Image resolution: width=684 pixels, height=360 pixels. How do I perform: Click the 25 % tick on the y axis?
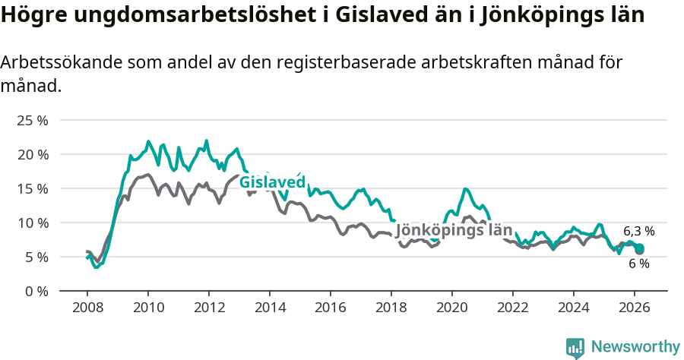[33, 120]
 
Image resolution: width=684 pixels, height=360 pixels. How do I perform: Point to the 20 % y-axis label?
[33, 154]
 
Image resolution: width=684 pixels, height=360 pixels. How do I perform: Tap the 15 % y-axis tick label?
[33, 188]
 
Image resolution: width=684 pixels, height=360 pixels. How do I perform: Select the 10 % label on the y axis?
[33, 223]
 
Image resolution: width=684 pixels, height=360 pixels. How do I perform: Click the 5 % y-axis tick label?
[36, 257]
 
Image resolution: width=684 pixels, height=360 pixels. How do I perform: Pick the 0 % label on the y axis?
[36, 291]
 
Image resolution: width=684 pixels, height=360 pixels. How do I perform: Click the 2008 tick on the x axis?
[87, 308]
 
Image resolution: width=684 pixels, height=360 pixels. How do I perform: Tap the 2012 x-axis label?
[209, 308]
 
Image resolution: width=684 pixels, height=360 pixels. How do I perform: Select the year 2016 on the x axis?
[331, 308]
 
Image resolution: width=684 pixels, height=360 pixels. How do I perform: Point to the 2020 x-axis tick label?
[452, 308]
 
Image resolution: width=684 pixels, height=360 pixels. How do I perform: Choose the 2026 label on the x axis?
[635, 308]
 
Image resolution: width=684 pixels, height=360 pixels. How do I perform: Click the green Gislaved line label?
[272, 182]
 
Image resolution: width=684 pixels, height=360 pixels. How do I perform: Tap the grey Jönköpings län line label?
[454, 229]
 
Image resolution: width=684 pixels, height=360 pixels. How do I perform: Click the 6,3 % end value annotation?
[638, 231]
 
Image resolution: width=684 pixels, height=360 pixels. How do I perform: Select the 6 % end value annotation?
[638, 264]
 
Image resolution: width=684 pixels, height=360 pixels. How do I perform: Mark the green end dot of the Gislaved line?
[640, 248]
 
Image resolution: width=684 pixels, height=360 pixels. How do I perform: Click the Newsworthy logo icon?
[575, 347]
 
